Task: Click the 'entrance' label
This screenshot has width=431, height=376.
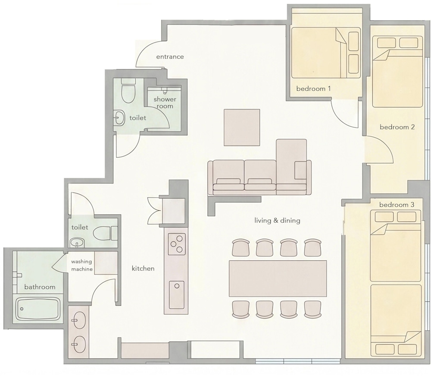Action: [170, 57]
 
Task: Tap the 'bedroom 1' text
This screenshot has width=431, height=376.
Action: [313, 88]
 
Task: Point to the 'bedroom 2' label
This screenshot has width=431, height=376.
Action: [397, 127]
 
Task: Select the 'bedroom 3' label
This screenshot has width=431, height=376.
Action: [397, 205]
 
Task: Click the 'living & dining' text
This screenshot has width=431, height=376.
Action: [277, 221]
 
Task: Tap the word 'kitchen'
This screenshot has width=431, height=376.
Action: [143, 269]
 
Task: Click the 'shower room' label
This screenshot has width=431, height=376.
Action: [165, 103]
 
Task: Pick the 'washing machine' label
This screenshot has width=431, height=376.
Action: [81, 265]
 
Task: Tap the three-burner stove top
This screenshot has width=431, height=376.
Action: [177, 244]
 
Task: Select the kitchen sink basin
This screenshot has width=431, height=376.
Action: [176, 295]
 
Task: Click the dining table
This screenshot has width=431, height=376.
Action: [278, 278]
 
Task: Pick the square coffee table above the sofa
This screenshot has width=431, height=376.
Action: [242, 127]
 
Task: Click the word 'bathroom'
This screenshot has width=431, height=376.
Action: [40, 287]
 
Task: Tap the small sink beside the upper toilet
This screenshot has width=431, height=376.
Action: [119, 118]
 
